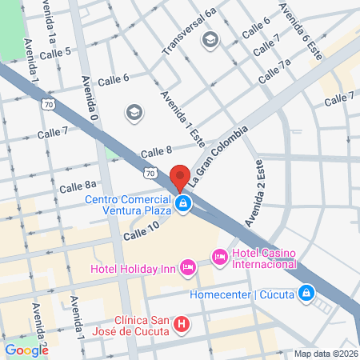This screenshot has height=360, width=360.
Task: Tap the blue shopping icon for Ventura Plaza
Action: tap(184, 205)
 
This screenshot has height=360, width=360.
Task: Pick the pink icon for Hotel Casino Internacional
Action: tap(219, 256)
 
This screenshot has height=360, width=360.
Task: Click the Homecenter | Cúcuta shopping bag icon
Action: tap(305, 294)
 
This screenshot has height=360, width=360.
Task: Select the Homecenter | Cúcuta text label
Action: tap(241, 294)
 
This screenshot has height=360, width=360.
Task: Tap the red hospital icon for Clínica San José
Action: tap(182, 324)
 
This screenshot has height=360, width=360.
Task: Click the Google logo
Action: tap(26, 350)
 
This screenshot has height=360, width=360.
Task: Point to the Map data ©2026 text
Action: tap(324, 354)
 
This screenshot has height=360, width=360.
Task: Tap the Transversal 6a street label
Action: tap(189, 33)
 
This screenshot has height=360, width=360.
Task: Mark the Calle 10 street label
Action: tap(142, 229)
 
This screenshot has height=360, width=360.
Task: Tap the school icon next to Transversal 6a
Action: tap(210, 39)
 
